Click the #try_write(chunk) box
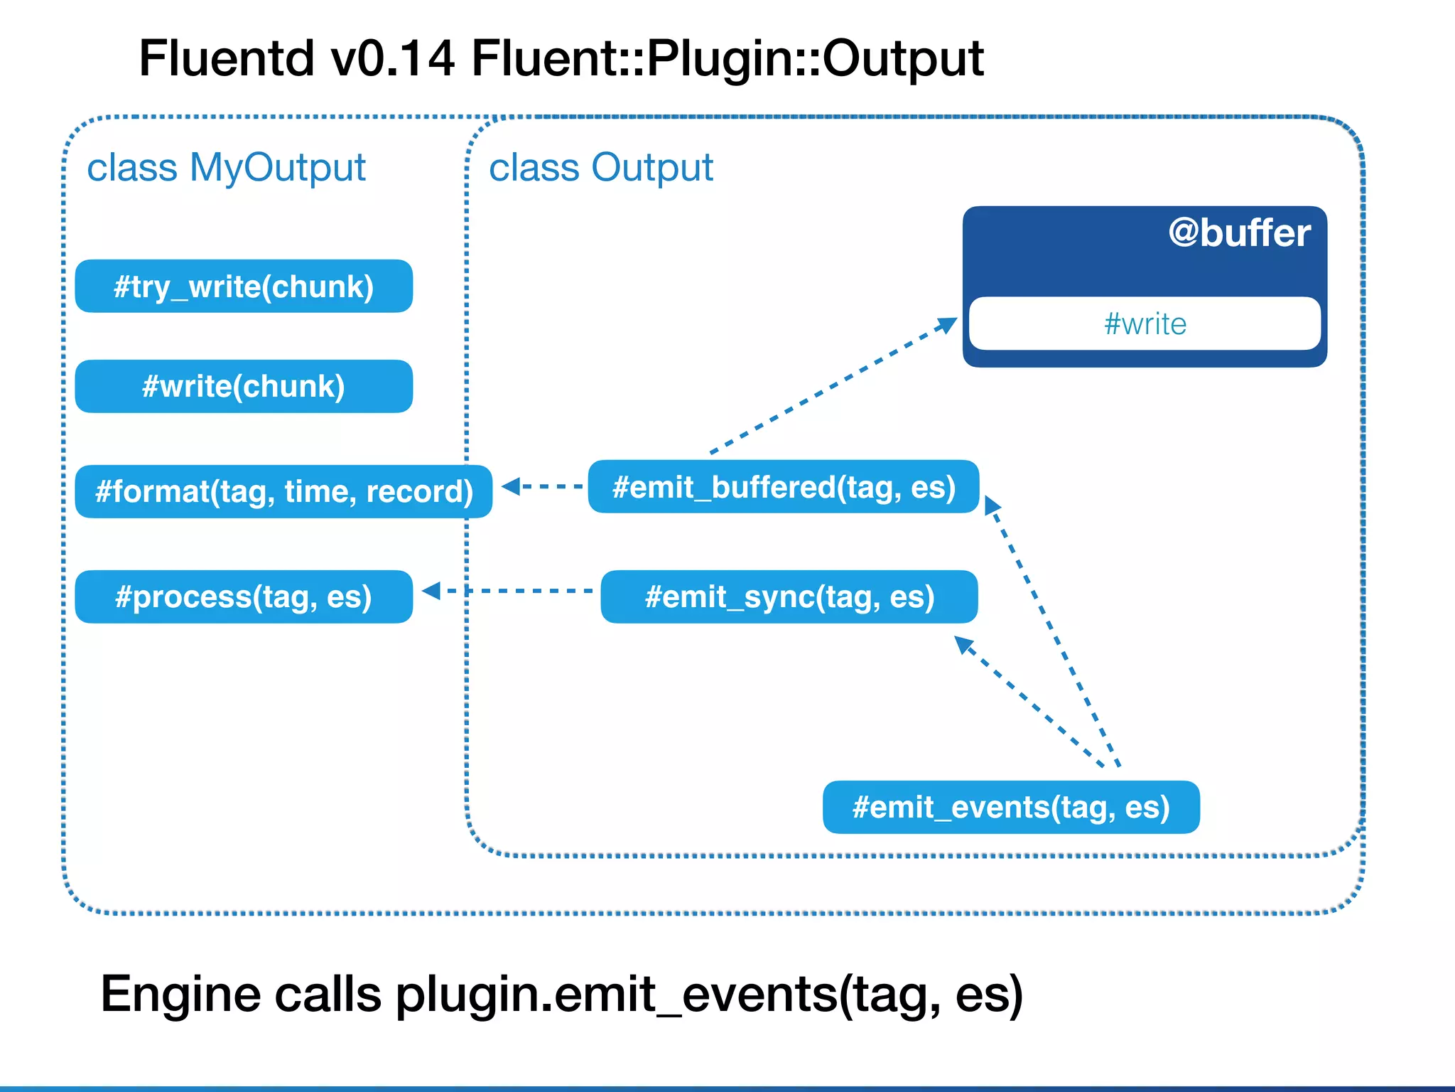[x=244, y=287]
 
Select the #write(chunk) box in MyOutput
[x=244, y=387]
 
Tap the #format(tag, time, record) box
[x=283, y=491]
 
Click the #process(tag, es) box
[x=244, y=596]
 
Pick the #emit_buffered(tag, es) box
[x=784, y=487]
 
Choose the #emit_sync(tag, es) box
[x=789, y=596]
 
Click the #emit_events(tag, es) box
[x=1011, y=807]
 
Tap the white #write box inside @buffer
[x=1145, y=323]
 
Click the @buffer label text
[x=1239, y=233]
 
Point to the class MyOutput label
[x=226, y=168]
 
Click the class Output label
[x=600, y=168]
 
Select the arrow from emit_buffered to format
[x=543, y=486]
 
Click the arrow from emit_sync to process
[x=508, y=591]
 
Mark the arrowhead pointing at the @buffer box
[x=947, y=325]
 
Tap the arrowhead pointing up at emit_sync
[x=963, y=644]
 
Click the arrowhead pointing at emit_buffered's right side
[x=992, y=505]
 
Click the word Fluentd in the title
[x=226, y=58]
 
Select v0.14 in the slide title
[x=393, y=58]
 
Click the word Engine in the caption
[x=180, y=994]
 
